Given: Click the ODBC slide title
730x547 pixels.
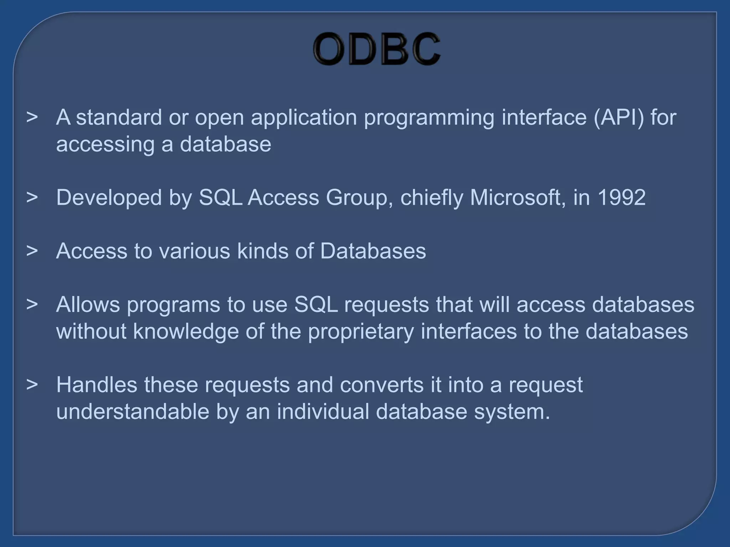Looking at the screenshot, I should (376, 49).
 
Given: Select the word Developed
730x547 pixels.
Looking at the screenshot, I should (109, 198).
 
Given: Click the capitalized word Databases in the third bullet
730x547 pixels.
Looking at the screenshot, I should (373, 251).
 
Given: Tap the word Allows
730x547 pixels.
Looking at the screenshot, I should (88, 304).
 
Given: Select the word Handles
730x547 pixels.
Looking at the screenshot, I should (97, 385).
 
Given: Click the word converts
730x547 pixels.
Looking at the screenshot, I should (381, 385).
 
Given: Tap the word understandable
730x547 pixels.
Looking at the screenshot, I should (133, 411).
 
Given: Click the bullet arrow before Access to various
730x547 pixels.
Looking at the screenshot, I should (32, 251).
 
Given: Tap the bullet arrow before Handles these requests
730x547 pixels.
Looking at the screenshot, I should (32, 385).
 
